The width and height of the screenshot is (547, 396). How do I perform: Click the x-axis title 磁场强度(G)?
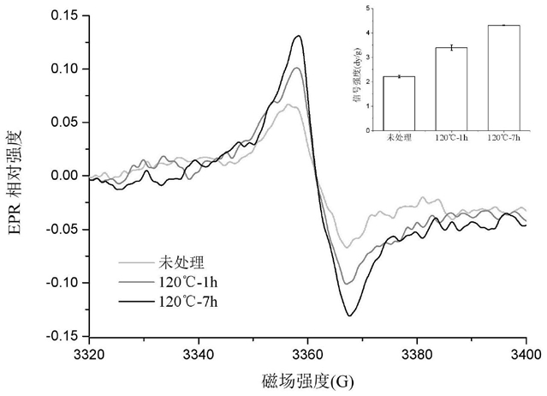coord(306,378)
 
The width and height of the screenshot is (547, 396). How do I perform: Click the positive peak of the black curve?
coord(298,36)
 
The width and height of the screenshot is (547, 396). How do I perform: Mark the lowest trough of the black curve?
coord(349,315)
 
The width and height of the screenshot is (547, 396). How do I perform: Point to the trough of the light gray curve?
coord(348,247)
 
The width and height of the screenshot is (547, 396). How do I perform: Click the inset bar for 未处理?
coord(400,103)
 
